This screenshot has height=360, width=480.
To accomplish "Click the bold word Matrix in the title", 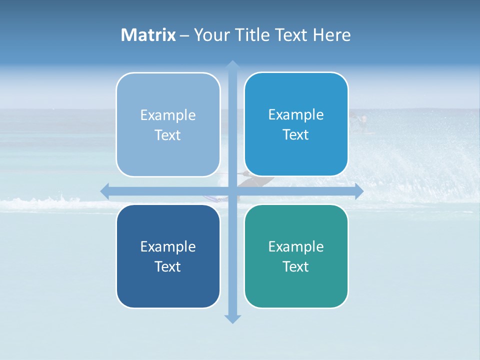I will click(x=148, y=35).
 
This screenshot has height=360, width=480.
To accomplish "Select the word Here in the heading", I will click(x=332, y=35).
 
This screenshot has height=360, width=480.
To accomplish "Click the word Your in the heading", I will click(x=209, y=35).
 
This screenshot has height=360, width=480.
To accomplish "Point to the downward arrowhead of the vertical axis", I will click(x=232, y=318).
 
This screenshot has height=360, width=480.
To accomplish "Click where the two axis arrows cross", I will click(x=232, y=191).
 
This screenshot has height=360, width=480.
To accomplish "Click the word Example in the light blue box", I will click(x=168, y=115).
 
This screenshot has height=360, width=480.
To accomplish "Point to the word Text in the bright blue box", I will click(x=296, y=135).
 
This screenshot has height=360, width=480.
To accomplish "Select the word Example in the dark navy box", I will click(x=168, y=247).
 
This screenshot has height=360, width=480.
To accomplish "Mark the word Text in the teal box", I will click(x=296, y=267).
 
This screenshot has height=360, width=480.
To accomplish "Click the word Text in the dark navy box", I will click(x=168, y=267).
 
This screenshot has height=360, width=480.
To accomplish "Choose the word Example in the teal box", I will click(x=296, y=247).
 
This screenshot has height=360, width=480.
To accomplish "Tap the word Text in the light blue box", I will click(x=168, y=135).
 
